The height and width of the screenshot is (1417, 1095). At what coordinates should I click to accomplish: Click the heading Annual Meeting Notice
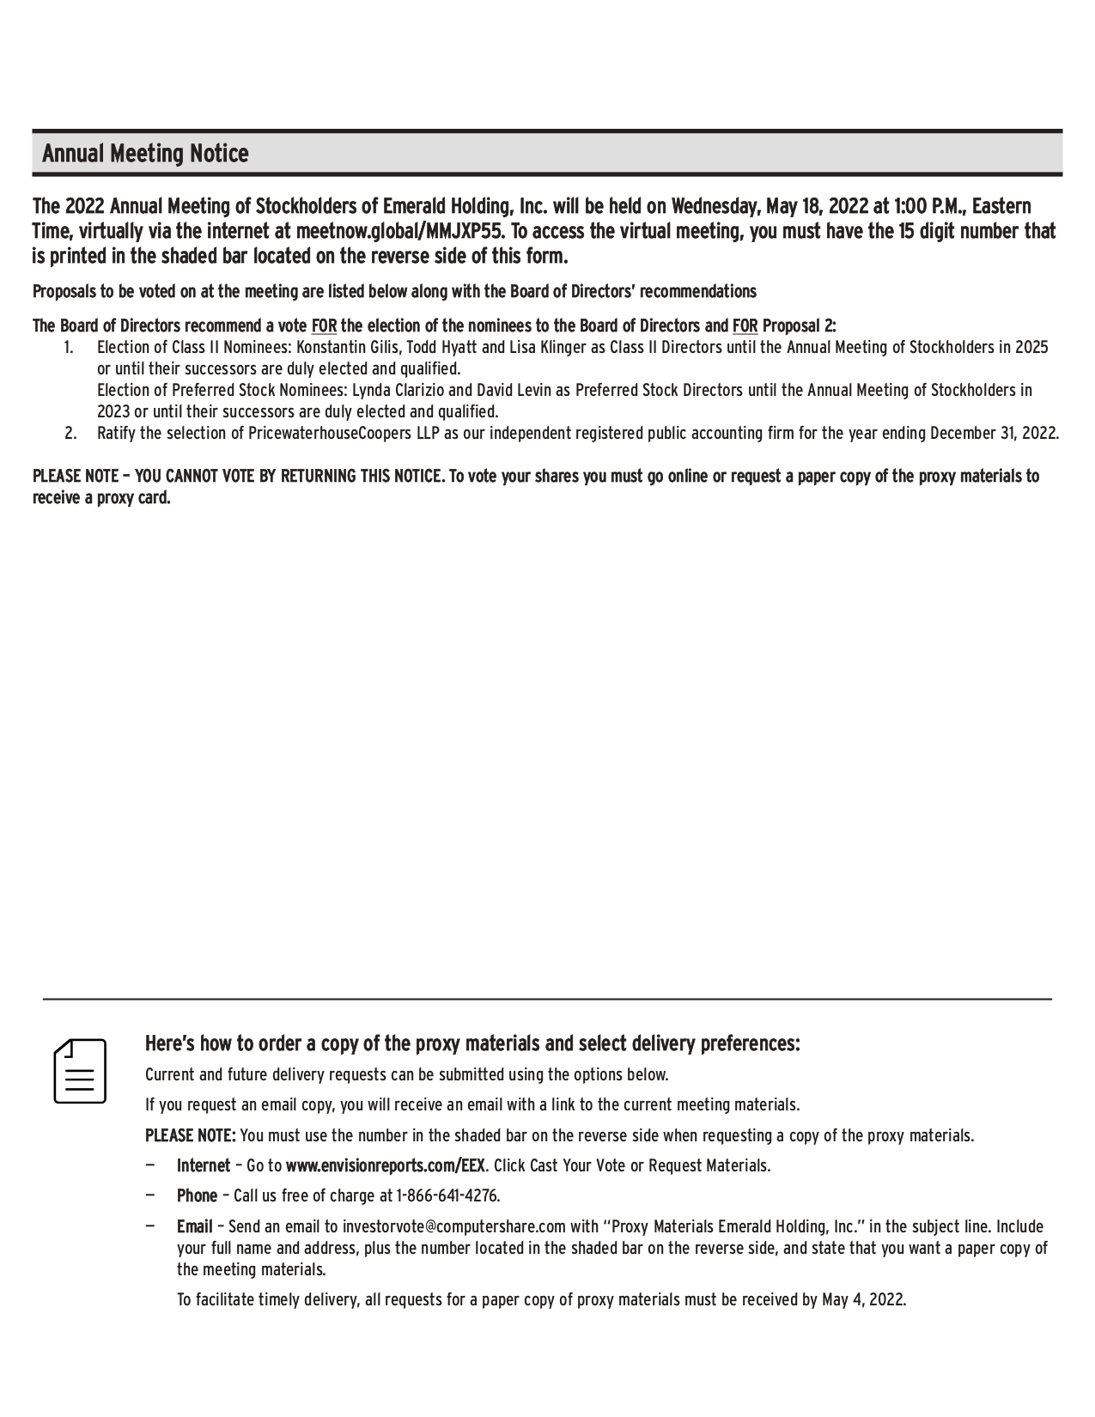coord(145,155)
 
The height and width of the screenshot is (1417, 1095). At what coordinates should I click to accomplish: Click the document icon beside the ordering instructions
coord(80,1071)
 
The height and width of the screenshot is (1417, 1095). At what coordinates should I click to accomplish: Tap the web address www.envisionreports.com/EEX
coord(385,1165)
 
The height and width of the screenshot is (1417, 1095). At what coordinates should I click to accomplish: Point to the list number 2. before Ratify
coord(70,433)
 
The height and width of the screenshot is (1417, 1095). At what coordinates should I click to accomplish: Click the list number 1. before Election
coord(69,348)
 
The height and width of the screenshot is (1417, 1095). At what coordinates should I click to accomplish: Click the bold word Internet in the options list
coord(204,1165)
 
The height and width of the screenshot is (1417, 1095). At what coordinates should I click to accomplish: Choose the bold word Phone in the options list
coord(197,1195)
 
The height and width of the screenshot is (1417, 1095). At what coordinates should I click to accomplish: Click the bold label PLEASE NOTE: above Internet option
coord(190,1135)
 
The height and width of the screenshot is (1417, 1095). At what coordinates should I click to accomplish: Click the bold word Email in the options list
coord(194,1226)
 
